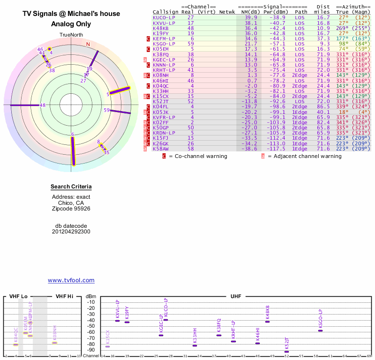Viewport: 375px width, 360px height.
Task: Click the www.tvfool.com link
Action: point(71,280)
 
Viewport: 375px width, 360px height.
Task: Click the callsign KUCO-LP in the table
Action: point(164,17)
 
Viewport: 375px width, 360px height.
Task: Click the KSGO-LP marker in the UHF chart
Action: point(321,330)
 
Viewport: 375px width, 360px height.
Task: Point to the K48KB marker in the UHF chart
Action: point(268,322)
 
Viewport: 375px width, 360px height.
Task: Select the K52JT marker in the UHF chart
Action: point(286,352)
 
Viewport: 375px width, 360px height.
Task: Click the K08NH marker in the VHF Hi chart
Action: point(54,343)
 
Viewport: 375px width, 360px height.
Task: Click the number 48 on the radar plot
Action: point(43,105)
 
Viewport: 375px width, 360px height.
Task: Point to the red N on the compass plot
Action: point(87,45)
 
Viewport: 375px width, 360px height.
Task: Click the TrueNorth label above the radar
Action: point(71,35)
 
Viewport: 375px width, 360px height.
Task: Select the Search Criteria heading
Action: point(71,187)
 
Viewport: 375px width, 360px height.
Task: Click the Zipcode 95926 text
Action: point(71,208)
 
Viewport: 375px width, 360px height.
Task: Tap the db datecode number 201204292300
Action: point(71,232)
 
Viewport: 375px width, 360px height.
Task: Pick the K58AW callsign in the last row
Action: point(161,148)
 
